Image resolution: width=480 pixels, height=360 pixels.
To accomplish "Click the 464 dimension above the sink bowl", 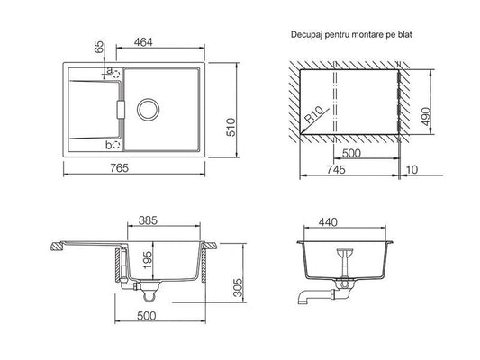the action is pos(143,42).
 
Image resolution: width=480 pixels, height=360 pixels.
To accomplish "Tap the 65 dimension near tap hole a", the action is pos(99,48).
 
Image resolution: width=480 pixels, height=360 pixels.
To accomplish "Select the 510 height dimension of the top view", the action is pos(231,127).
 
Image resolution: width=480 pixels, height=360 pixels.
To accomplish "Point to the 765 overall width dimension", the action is pos(120,168).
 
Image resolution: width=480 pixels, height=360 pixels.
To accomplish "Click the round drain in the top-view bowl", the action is pos(149,110).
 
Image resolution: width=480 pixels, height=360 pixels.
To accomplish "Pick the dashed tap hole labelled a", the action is pos(117,74).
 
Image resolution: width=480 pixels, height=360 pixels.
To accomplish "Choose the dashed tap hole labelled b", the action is pos(116,145).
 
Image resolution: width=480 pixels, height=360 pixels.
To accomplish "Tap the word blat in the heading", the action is pos(405,34).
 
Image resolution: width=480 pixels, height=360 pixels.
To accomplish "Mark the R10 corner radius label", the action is pos(314,114).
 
